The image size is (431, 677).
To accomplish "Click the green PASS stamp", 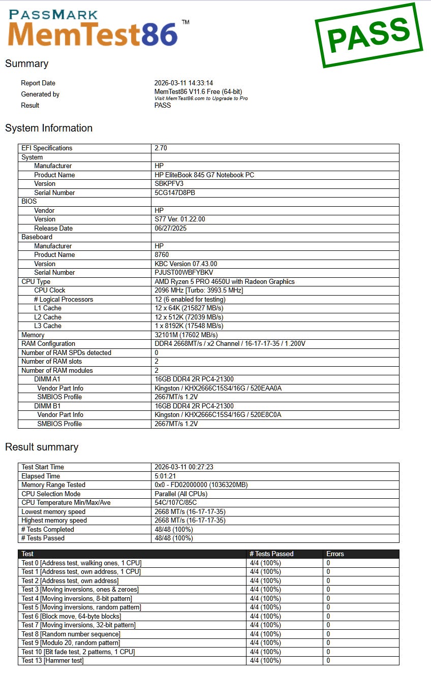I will (368, 35).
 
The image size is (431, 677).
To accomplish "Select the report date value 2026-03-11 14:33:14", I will (183, 83).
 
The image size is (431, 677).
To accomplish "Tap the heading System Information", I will (49, 128).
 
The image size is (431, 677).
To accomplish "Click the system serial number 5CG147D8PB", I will (175, 193).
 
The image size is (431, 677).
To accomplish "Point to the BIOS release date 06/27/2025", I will (171, 229).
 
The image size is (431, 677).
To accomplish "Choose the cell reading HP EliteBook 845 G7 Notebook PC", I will (204, 175).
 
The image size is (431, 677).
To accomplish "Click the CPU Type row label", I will (36, 282).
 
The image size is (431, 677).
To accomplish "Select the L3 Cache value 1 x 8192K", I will (189, 326).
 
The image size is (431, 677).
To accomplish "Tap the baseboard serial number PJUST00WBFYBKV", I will (183, 273).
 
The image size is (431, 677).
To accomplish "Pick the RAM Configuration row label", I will (48, 344).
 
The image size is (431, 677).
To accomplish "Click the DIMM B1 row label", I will (47, 406).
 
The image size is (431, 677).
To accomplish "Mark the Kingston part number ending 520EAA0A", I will (218, 389).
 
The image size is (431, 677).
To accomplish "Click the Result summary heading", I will (42, 447).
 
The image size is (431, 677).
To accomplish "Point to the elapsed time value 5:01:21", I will (165, 476).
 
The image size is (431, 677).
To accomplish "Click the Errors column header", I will (335, 554).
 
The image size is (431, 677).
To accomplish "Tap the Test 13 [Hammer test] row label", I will (52, 661).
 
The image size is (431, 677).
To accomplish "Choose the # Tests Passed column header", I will (271, 554).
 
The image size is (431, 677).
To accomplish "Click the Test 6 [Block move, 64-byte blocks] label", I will (71, 617).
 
